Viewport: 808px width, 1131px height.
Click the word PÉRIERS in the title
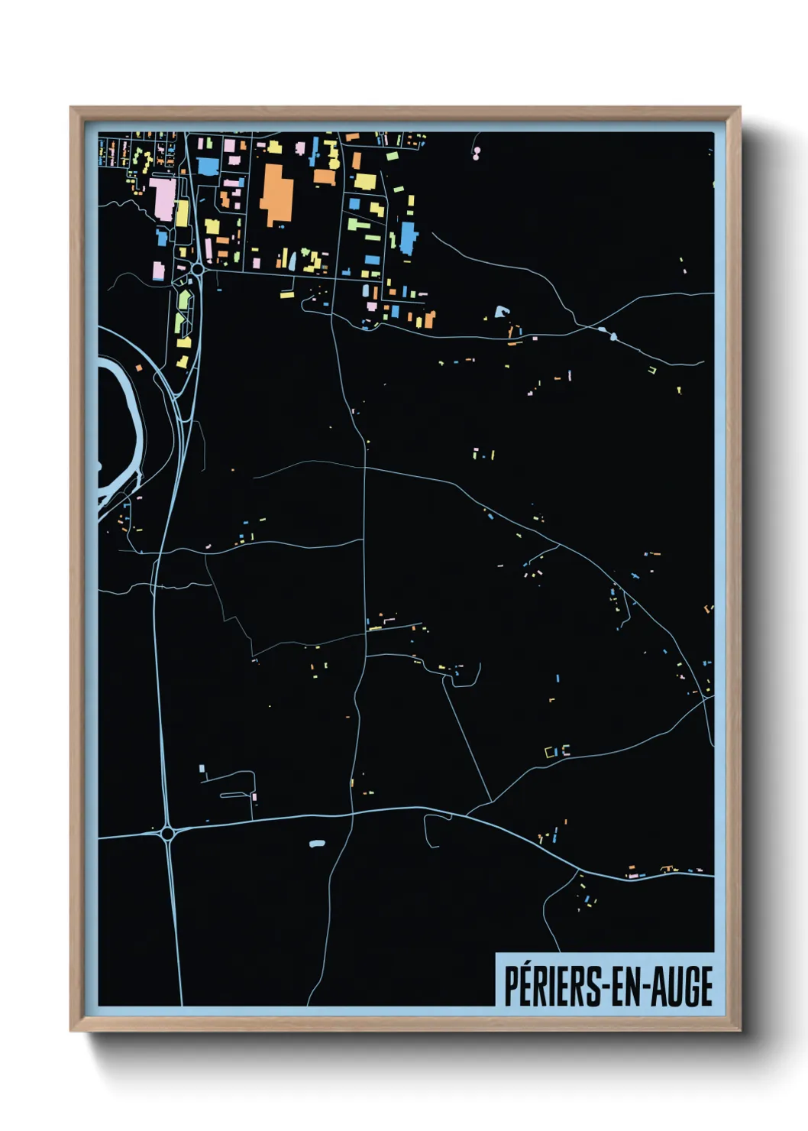(x=552, y=987)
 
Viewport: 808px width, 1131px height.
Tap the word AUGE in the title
(x=684, y=987)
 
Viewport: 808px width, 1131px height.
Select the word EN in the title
(x=626, y=987)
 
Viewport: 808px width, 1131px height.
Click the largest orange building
(x=276, y=193)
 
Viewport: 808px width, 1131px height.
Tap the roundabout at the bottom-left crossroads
(x=168, y=834)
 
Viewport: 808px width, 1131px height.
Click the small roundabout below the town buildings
(x=197, y=269)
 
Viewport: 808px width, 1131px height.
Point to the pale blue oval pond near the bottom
(x=317, y=844)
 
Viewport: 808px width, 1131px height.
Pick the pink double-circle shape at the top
(x=477, y=154)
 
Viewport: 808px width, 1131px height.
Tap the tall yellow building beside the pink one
(x=182, y=213)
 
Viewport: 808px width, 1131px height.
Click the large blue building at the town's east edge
(x=409, y=238)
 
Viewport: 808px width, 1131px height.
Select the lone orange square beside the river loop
(x=140, y=368)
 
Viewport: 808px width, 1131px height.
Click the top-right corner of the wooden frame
(x=739, y=109)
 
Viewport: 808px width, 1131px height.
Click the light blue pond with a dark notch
(x=501, y=311)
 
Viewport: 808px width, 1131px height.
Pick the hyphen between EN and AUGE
(x=648, y=988)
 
